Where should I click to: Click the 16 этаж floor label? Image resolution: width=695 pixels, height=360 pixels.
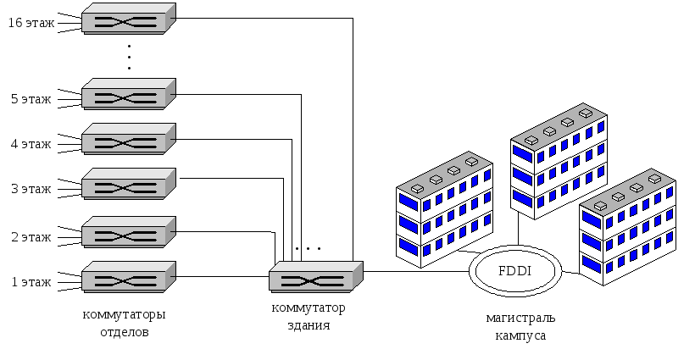pyautogui.click(x=31, y=23)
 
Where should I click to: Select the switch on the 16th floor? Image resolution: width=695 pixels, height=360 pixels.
pyautogui.click(x=129, y=19)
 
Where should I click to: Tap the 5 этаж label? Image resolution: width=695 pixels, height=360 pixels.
pyautogui.click(x=31, y=99)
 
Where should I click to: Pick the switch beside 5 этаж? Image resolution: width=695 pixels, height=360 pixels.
pyautogui.click(x=129, y=94)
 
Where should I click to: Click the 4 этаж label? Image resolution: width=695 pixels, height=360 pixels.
pyautogui.click(x=31, y=144)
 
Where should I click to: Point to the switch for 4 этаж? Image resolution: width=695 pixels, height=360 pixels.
pyautogui.click(x=129, y=139)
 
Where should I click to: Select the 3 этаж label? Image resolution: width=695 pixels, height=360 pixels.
pyautogui.click(x=31, y=189)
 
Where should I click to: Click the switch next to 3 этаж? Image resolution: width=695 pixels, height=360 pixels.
pyautogui.click(x=129, y=184)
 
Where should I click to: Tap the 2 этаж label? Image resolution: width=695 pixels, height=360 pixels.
pyautogui.click(x=31, y=237)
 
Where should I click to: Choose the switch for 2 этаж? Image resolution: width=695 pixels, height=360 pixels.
pyautogui.click(x=129, y=232)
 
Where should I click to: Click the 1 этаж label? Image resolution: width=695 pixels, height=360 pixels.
pyautogui.click(x=31, y=282)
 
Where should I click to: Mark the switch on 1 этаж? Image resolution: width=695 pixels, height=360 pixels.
pyautogui.click(x=129, y=277)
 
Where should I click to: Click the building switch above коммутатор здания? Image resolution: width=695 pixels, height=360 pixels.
pyautogui.click(x=316, y=277)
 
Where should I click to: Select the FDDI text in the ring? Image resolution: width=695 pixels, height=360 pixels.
pyautogui.click(x=515, y=271)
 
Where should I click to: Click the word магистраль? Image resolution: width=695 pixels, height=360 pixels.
pyautogui.click(x=520, y=318)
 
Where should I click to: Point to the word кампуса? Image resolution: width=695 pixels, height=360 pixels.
pyautogui.click(x=520, y=335)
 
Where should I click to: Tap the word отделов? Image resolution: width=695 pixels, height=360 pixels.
pyautogui.click(x=124, y=332)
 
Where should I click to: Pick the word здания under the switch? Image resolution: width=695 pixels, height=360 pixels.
pyautogui.click(x=309, y=325)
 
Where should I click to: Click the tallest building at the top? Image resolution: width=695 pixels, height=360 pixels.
pyautogui.click(x=559, y=161)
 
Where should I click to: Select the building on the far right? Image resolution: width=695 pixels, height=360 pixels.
pyautogui.click(x=628, y=227)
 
